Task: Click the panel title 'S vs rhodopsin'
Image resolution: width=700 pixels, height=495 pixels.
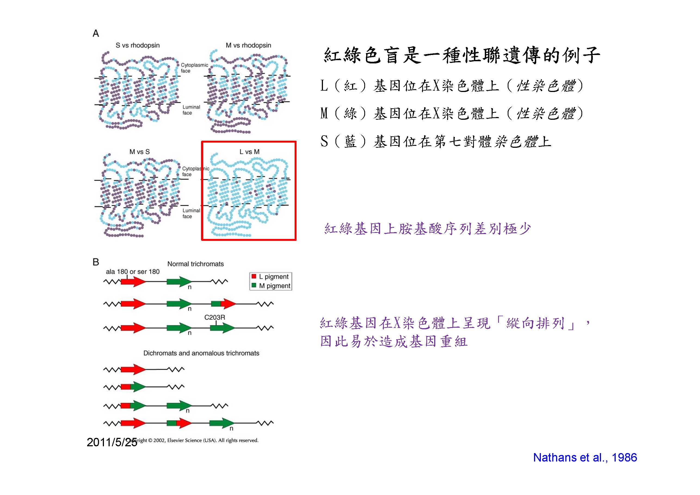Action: click(137, 45)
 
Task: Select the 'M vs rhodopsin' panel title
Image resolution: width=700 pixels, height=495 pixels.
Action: click(248, 45)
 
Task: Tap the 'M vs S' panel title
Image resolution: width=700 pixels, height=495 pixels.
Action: click(139, 152)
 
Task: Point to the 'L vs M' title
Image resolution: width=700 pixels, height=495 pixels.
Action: click(249, 152)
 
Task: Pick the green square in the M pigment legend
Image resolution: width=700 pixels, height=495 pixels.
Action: click(254, 286)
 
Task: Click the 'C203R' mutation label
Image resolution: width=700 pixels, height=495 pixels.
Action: click(215, 318)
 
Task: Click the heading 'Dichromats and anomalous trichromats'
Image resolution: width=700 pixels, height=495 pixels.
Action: click(201, 353)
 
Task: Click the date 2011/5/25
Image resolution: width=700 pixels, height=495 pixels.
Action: click(112, 442)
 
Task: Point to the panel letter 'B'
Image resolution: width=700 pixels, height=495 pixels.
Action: click(96, 262)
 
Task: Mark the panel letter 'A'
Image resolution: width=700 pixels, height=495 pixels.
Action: click(96, 33)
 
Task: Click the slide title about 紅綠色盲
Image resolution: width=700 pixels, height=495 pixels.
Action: click(462, 56)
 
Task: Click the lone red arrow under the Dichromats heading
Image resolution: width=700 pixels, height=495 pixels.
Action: click(133, 369)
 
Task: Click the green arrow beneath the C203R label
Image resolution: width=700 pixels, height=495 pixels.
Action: click(223, 328)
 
